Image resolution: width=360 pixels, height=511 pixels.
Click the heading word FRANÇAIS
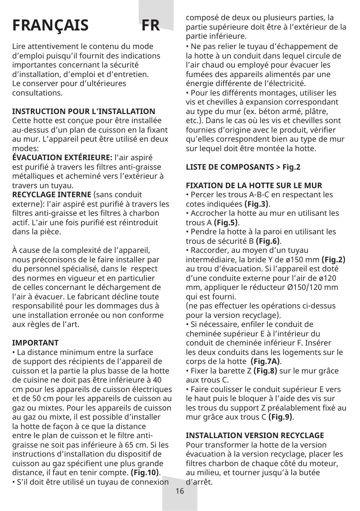(50, 26)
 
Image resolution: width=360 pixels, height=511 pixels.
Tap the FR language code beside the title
(150, 26)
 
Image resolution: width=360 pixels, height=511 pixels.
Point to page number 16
(179, 491)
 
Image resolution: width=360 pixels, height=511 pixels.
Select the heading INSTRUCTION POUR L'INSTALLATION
(84, 112)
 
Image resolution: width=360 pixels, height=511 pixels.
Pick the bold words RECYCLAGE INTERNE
(52, 194)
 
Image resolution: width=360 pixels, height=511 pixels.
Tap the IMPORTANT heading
(35, 343)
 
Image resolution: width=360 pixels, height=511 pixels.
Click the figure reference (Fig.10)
(145, 472)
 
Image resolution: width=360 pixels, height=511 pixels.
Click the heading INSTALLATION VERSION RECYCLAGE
(255, 435)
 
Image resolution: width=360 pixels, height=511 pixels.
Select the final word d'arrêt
(200, 482)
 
